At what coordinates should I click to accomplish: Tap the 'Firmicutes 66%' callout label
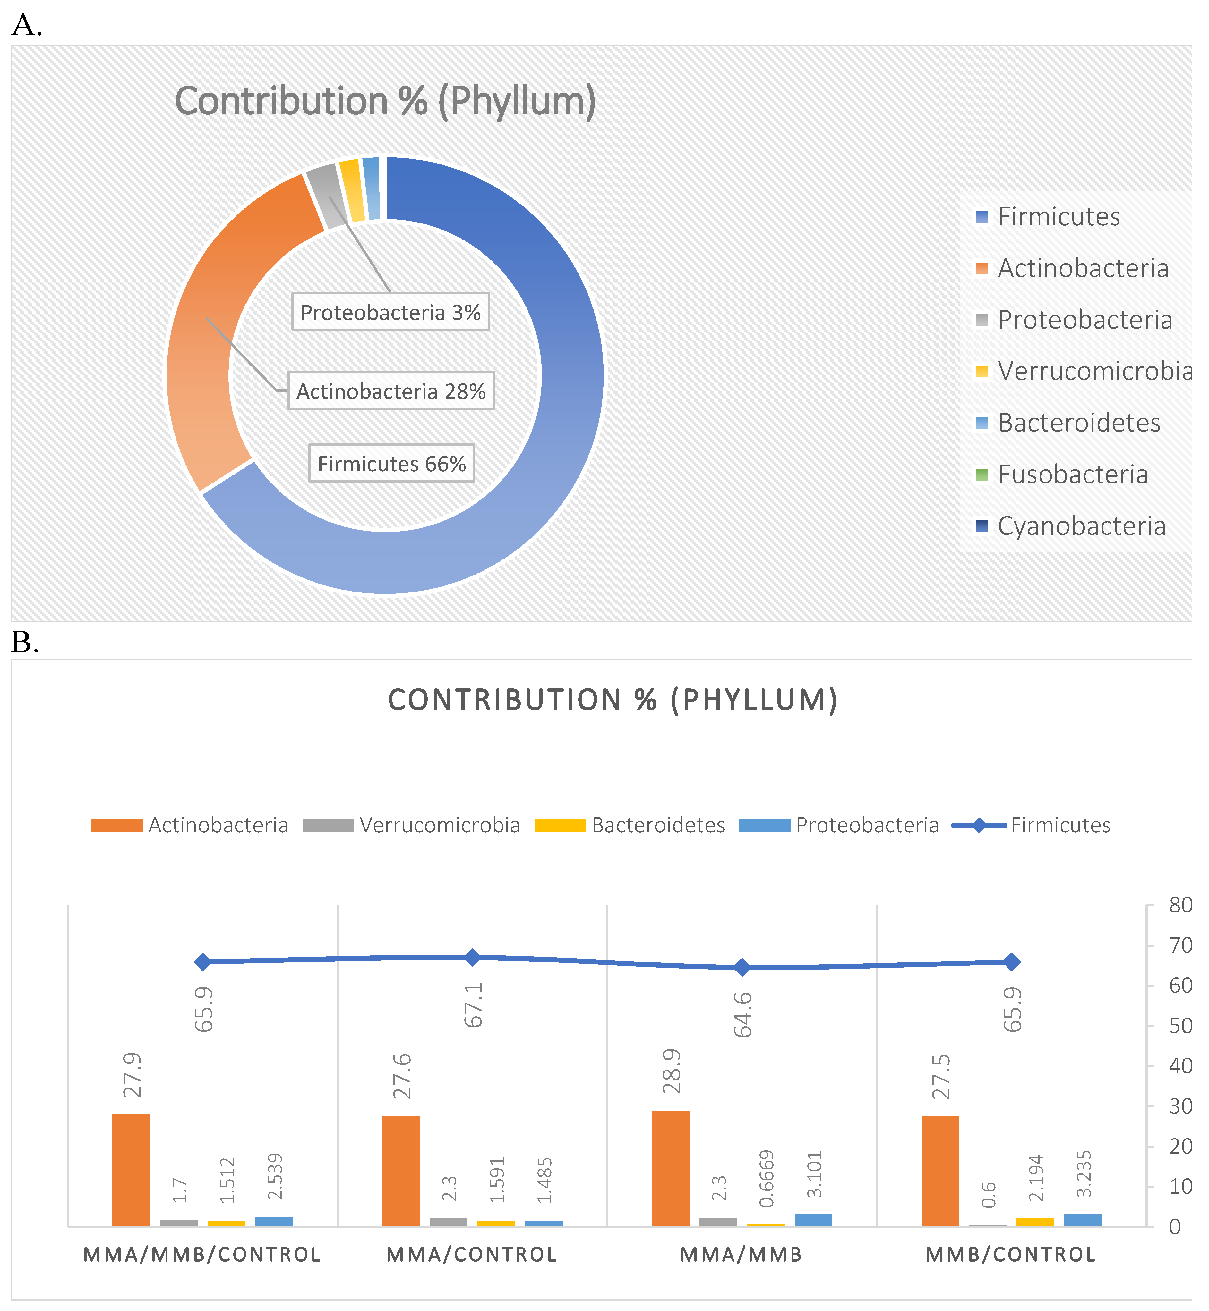391,464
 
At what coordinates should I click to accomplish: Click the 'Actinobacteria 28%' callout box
390,391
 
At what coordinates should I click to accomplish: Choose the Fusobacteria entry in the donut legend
1072,475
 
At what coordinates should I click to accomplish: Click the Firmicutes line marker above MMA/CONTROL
472,957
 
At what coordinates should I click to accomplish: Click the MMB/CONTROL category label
1011,1255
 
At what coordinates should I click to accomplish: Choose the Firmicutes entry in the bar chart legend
1060,825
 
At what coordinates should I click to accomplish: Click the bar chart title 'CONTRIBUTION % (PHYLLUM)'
613,700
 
